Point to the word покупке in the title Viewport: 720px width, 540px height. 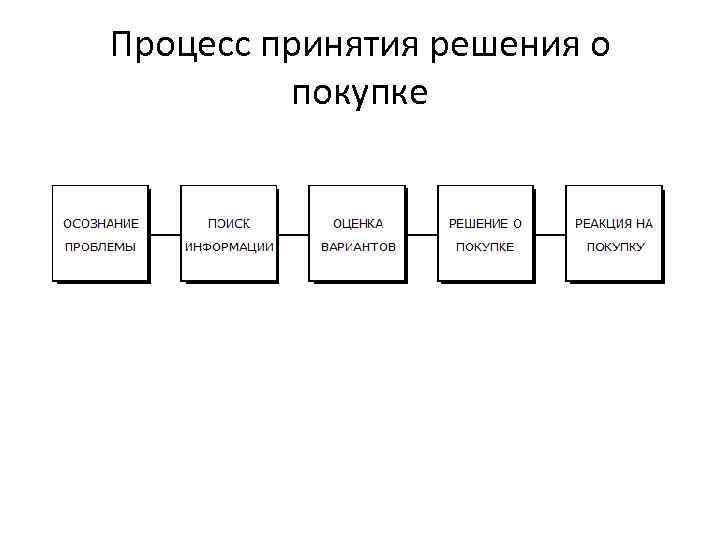click(360, 94)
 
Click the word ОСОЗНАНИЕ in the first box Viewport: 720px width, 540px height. click(101, 223)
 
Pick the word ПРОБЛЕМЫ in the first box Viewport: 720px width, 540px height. click(101, 246)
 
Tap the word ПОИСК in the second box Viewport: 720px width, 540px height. click(229, 223)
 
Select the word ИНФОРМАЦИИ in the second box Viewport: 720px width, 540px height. click(229, 246)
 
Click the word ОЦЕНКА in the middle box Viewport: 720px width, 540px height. click(358, 223)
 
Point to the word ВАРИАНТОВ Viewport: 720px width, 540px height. click(358, 246)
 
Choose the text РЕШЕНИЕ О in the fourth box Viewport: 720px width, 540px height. click(486, 223)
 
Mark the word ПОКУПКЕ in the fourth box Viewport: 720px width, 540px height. click(486, 246)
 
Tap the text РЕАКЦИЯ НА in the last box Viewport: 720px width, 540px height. click(614, 223)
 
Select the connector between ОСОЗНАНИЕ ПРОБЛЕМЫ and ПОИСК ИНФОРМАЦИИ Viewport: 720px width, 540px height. click(164, 235)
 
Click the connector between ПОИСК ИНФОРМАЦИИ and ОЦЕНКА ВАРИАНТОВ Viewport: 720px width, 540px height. click(293, 235)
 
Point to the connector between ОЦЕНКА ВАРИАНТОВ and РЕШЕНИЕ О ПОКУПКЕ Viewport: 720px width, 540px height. click(422, 235)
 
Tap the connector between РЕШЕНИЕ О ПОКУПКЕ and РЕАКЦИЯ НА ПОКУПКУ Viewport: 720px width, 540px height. click(550, 235)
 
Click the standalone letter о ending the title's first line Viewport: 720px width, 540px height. click(600, 48)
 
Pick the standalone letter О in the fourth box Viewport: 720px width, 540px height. click(518, 223)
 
